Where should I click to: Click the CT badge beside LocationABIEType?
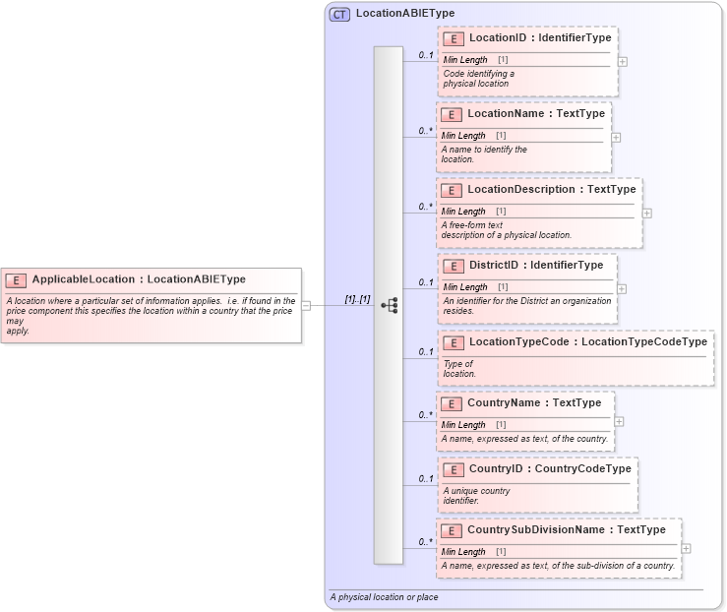(x=339, y=14)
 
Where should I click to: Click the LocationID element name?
(x=540, y=37)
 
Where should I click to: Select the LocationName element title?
(x=536, y=113)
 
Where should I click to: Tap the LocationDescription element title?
(x=552, y=189)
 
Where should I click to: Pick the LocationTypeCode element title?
(x=587, y=341)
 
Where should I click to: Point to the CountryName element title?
(x=534, y=402)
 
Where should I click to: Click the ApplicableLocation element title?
(x=139, y=278)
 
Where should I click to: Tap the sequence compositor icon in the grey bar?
(x=389, y=305)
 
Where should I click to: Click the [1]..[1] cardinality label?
(x=356, y=298)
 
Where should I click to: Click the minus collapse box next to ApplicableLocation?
(x=306, y=305)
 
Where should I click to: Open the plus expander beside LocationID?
(x=623, y=61)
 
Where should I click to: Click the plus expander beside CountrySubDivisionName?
(x=686, y=548)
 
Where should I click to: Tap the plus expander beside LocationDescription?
(x=646, y=213)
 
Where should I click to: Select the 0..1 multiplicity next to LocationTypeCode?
(x=425, y=351)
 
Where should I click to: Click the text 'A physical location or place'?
(x=385, y=597)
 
